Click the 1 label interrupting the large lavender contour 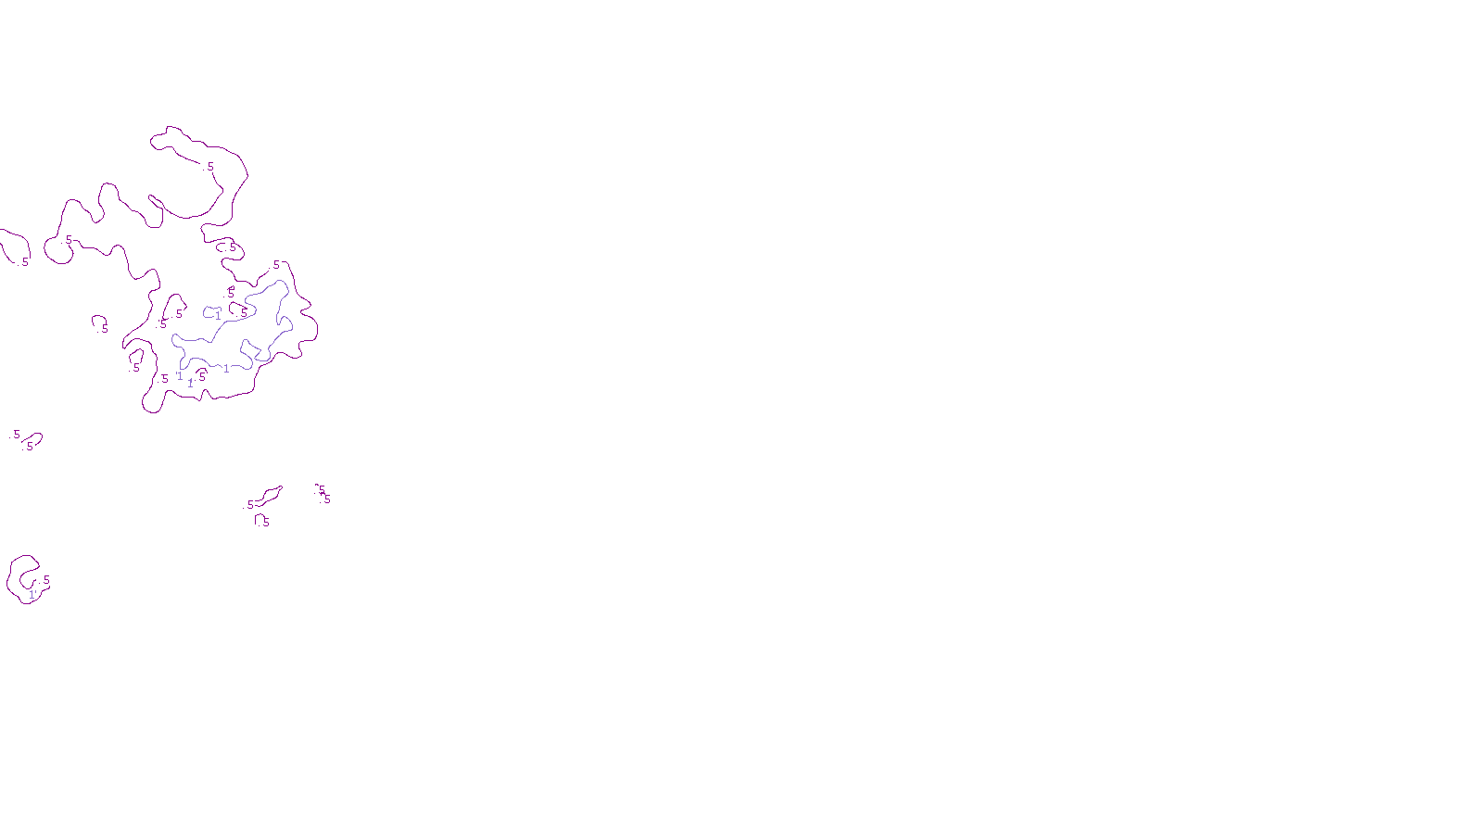click(x=226, y=369)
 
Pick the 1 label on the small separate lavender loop click(x=218, y=315)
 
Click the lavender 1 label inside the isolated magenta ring click(x=32, y=595)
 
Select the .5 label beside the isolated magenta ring click(x=45, y=580)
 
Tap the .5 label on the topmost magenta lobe click(x=209, y=167)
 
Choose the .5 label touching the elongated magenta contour click(x=249, y=505)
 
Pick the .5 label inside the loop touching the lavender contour click(x=244, y=313)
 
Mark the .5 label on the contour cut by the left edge click(x=24, y=262)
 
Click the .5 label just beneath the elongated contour click(x=265, y=522)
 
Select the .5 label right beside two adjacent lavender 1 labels click(x=201, y=377)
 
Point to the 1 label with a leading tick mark click(x=180, y=375)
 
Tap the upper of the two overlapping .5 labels click(x=322, y=491)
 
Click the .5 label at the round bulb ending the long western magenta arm click(x=68, y=240)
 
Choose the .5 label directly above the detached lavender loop click(x=231, y=293)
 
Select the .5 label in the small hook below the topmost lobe click(x=232, y=247)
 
